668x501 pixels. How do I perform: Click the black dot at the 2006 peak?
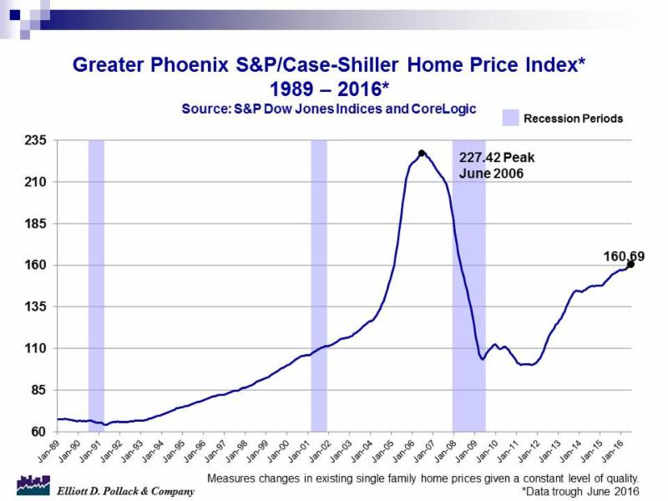tap(422, 153)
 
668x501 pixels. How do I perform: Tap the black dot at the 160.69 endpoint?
tap(630, 264)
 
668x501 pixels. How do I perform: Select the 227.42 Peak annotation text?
tap(497, 156)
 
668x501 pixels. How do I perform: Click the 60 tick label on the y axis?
tap(37, 432)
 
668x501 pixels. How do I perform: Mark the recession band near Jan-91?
tap(96, 284)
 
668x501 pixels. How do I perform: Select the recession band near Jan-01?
tap(318, 284)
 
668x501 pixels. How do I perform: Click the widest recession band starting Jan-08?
tap(468, 284)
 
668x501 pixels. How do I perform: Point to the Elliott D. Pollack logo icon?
tap(33, 484)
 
